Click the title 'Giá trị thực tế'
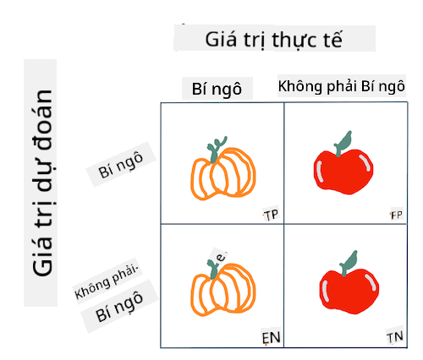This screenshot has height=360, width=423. pos(273,40)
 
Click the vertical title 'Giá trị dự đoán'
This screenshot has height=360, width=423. pos(43,183)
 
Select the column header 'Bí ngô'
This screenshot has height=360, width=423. pos(217,90)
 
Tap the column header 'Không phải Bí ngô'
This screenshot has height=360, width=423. pos(342,86)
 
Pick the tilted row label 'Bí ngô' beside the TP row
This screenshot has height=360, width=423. pos(120,165)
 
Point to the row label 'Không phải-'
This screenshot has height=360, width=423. pos(107,282)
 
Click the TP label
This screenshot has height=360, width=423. pos(271,215)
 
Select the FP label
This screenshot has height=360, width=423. pos(396,215)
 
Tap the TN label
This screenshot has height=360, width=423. pos(395,337)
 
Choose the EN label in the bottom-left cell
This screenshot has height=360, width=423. pos(271,337)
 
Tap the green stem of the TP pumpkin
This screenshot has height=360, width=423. pos(216,150)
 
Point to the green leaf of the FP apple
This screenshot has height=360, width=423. pos(343,143)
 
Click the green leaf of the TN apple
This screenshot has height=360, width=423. pos(349,263)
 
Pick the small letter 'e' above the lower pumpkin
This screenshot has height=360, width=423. pos(221,257)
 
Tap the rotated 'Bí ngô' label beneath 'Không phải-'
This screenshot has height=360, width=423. pos(119,307)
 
